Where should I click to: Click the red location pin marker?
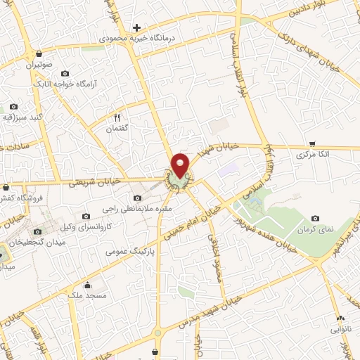pyautogui.click(x=181, y=165)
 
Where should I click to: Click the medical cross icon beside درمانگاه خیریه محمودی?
pyautogui.click(x=137, y=27)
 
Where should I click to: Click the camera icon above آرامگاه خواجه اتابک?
pyautogui.click(x=65, y=73)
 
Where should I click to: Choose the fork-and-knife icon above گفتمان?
pyautogui.click(x=117, y=118)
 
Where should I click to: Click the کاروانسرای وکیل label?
pyautogui.click(x=77, y=228)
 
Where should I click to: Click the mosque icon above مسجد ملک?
pyautogui.click(x=88, y=285)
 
